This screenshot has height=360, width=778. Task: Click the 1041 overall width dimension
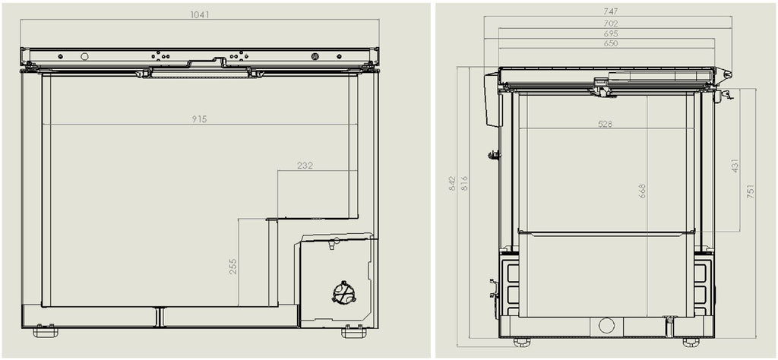(x=200, y=14)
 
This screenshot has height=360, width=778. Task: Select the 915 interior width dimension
(x=200, y=119)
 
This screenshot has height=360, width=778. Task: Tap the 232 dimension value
(x=305, y=165)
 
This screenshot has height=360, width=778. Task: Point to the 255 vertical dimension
(x=233, y=266)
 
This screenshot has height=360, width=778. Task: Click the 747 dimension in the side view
(x=610, y=11)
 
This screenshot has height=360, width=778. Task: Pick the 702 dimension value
(x=610, y=24)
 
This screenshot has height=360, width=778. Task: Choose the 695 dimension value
(x=610, y=34)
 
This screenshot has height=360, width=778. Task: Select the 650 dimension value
(x=610, y=44)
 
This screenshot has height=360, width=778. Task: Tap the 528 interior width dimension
(x=605, y=124)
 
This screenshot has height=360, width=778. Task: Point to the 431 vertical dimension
(x=735, y=166)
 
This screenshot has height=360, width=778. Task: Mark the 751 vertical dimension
(x=751, y=191)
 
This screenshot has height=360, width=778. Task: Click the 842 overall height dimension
(x=452, y=183)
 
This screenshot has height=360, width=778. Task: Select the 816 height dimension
(x=464, y=183)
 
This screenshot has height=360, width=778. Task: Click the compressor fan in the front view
(x=344, y=293)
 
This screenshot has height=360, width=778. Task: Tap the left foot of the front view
(x=45, y=332)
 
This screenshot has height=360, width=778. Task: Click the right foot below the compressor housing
(x=353, y=332)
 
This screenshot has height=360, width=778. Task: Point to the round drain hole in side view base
(x=606, y=326)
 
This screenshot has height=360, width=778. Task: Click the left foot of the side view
(x=522, y=342)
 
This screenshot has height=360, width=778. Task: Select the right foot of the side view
(x=691, y=342)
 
